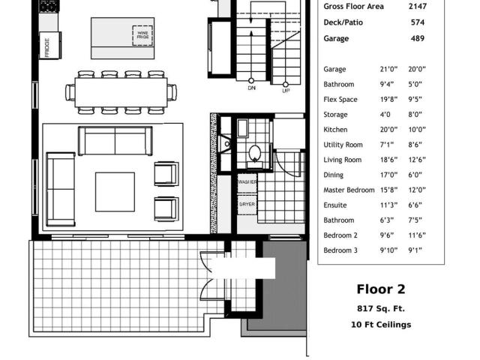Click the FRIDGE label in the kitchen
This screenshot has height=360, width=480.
tap(47, 47)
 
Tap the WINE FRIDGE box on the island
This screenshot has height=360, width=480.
tap(142, 35)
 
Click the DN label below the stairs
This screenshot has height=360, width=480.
tap(251, 88)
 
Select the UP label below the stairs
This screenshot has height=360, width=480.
tap(286, 91)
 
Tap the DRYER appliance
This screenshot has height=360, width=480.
tap(247, 205)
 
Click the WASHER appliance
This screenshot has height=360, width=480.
tap(247, 182)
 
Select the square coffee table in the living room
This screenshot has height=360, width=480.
tap(115, 192)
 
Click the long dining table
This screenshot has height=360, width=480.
tap(121, 92)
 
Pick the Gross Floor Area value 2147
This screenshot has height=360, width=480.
tap(417, 6)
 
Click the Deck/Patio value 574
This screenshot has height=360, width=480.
tap(418, 22)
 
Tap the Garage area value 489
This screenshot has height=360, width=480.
tap(418, 38)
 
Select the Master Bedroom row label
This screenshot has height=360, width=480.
tap(349, 190)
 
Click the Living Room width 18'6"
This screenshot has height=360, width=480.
tap(388, 160)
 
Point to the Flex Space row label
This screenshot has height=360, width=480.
tap(340, 100)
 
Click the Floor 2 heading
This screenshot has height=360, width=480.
tap(381, 289)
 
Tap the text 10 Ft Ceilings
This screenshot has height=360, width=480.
tap(381, 325)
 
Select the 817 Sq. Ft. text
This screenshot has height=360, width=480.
tap(381, 308)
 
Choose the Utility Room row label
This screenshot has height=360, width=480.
tap(343, 145)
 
